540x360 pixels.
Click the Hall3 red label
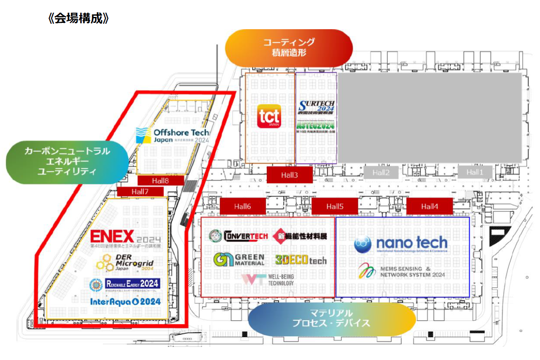[289, 175]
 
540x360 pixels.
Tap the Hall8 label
[161, 181]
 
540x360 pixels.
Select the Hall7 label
[140, 192]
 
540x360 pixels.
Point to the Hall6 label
[243, 206]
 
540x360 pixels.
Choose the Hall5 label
[334, 206]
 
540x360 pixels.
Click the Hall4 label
[429, 206]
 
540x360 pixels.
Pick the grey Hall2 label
[381, 172]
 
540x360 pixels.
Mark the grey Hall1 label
[475, 172]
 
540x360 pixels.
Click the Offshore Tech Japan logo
[173, 136]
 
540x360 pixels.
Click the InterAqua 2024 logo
[126, 302]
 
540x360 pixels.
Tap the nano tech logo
[400, 244]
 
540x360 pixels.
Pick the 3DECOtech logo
[301, 260]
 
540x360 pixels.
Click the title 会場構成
[79, 19]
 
